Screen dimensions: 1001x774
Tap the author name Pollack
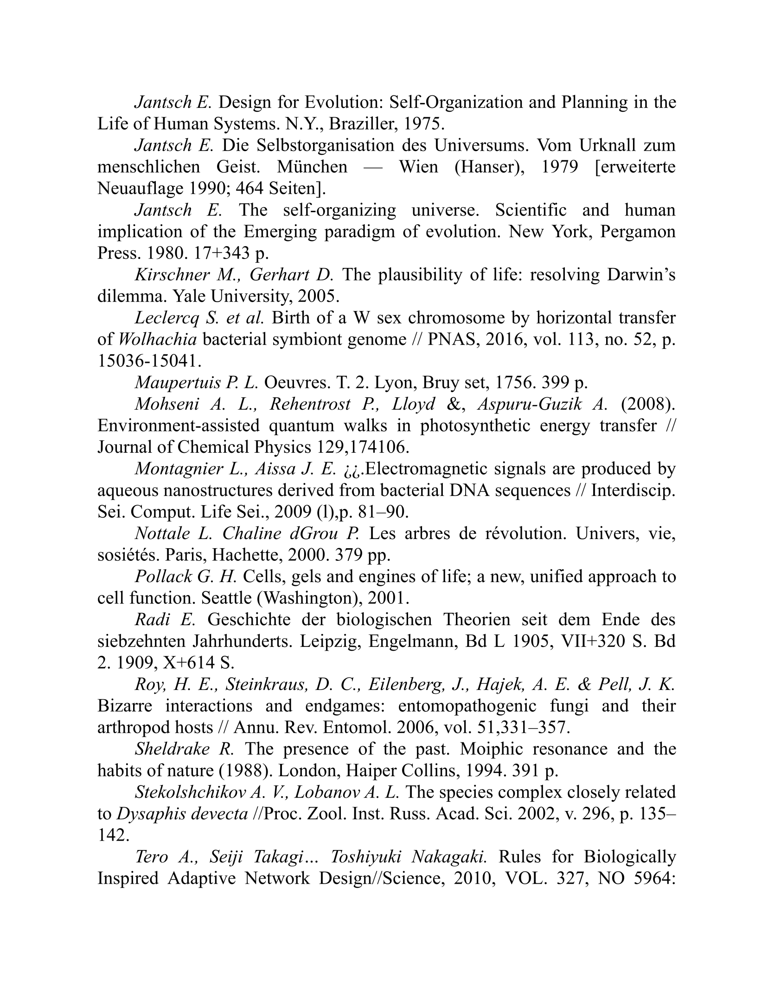pos(163,577)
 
